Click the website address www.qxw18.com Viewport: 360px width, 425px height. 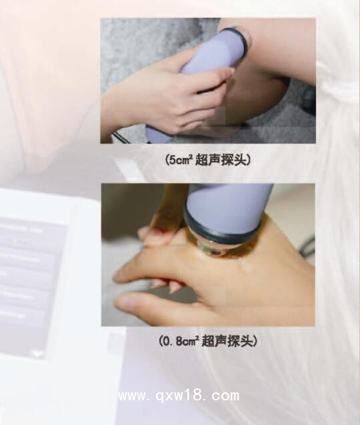[178, 396]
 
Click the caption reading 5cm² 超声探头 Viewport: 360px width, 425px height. [207, 160]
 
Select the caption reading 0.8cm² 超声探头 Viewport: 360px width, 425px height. [207, 341]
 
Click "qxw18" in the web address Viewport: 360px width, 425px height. [179, 396]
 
